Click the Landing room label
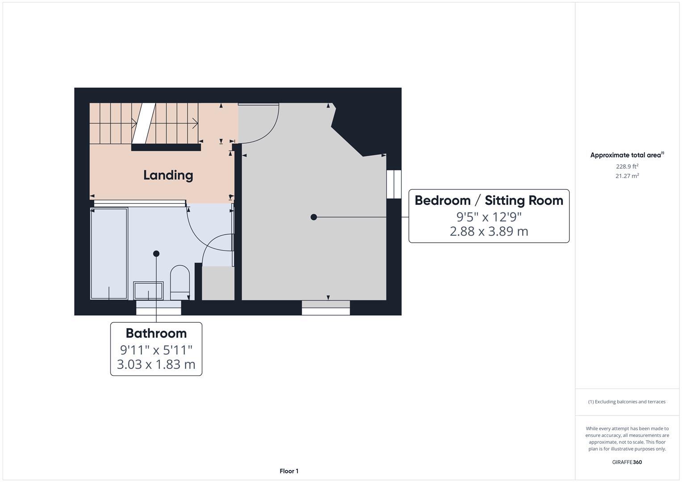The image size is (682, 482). [168, 175]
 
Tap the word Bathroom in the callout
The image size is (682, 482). [156, 333]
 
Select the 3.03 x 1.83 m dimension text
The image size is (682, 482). [156, 364]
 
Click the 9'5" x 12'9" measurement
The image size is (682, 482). [489, 217]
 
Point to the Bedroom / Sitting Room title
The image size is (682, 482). [489, 200]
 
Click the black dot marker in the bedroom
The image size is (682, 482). [314, 217]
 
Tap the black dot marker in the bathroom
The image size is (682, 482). [156, 253]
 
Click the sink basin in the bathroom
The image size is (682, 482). [148, 291]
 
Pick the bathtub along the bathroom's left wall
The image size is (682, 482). [109, 253]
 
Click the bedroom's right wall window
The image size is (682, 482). [394, 184]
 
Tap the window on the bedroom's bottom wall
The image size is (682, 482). [326, 307]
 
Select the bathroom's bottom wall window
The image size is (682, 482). [159, 307]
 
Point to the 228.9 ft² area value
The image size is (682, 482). [627, 166]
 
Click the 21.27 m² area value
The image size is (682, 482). [627, 176]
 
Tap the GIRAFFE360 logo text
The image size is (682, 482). [627, 462]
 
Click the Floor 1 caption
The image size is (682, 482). [289, 471]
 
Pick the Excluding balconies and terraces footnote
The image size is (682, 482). [627, 402]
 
